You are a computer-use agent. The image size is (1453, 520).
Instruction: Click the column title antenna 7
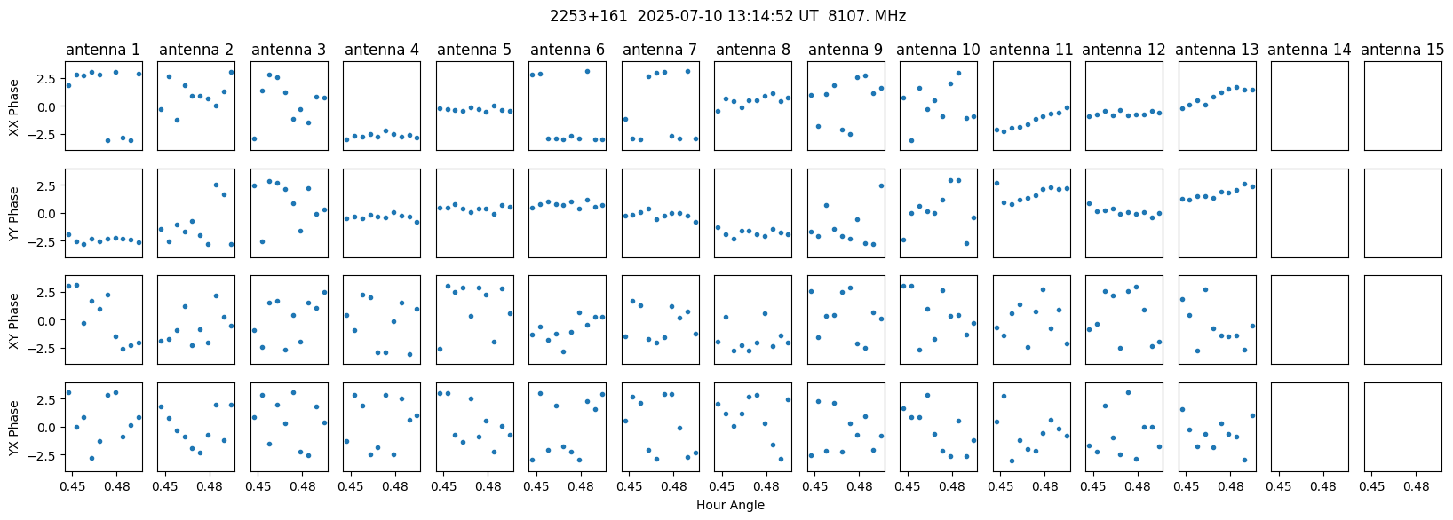point(660,50)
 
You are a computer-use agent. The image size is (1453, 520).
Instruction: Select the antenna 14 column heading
point(1309,50)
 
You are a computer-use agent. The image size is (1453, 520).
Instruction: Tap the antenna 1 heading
point(103,50)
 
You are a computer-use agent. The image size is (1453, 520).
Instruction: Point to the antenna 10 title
point(938,50)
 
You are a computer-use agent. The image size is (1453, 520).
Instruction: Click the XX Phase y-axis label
point(13,106)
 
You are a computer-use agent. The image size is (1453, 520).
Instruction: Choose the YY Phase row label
point(13,214)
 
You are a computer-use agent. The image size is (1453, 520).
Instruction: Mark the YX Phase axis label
point(13,428)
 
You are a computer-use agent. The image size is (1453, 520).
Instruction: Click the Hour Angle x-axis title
point(730,505)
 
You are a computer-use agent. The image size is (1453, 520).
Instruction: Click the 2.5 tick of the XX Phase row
point(48,78)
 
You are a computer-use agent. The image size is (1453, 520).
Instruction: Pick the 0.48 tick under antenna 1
point(116,485)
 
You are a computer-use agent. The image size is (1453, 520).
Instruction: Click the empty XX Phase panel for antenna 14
point(1310,106)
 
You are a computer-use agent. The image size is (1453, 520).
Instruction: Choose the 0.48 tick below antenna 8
point(766,485)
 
